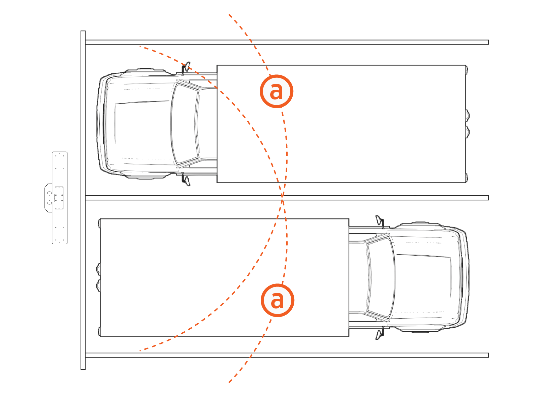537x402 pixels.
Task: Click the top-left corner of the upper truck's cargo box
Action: (x=217, y=65)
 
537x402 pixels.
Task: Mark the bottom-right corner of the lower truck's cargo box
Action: (x=349, y=336)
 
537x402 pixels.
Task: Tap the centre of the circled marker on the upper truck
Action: (x=277, y=91)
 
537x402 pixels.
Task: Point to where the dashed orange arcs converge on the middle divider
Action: (x=282, y=198)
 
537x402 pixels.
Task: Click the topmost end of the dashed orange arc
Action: (x=229, y=15)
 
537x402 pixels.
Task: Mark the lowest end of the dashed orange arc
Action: (x=229, y=383)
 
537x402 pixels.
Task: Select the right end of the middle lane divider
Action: (x=488, y=198)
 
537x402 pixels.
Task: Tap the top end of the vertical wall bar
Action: (x=83, y=31)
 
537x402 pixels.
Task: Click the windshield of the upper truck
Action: (x=185, y=124)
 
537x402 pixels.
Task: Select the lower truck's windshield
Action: (x=381, y=277)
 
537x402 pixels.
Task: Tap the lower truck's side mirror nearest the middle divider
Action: (x=380, y=222)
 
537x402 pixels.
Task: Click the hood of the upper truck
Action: (x=142, y=123)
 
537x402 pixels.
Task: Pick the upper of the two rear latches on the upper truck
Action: (x=468, y=116)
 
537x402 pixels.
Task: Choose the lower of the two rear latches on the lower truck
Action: (x=98, y=285)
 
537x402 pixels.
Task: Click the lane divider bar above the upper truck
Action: (x=287, y=42)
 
